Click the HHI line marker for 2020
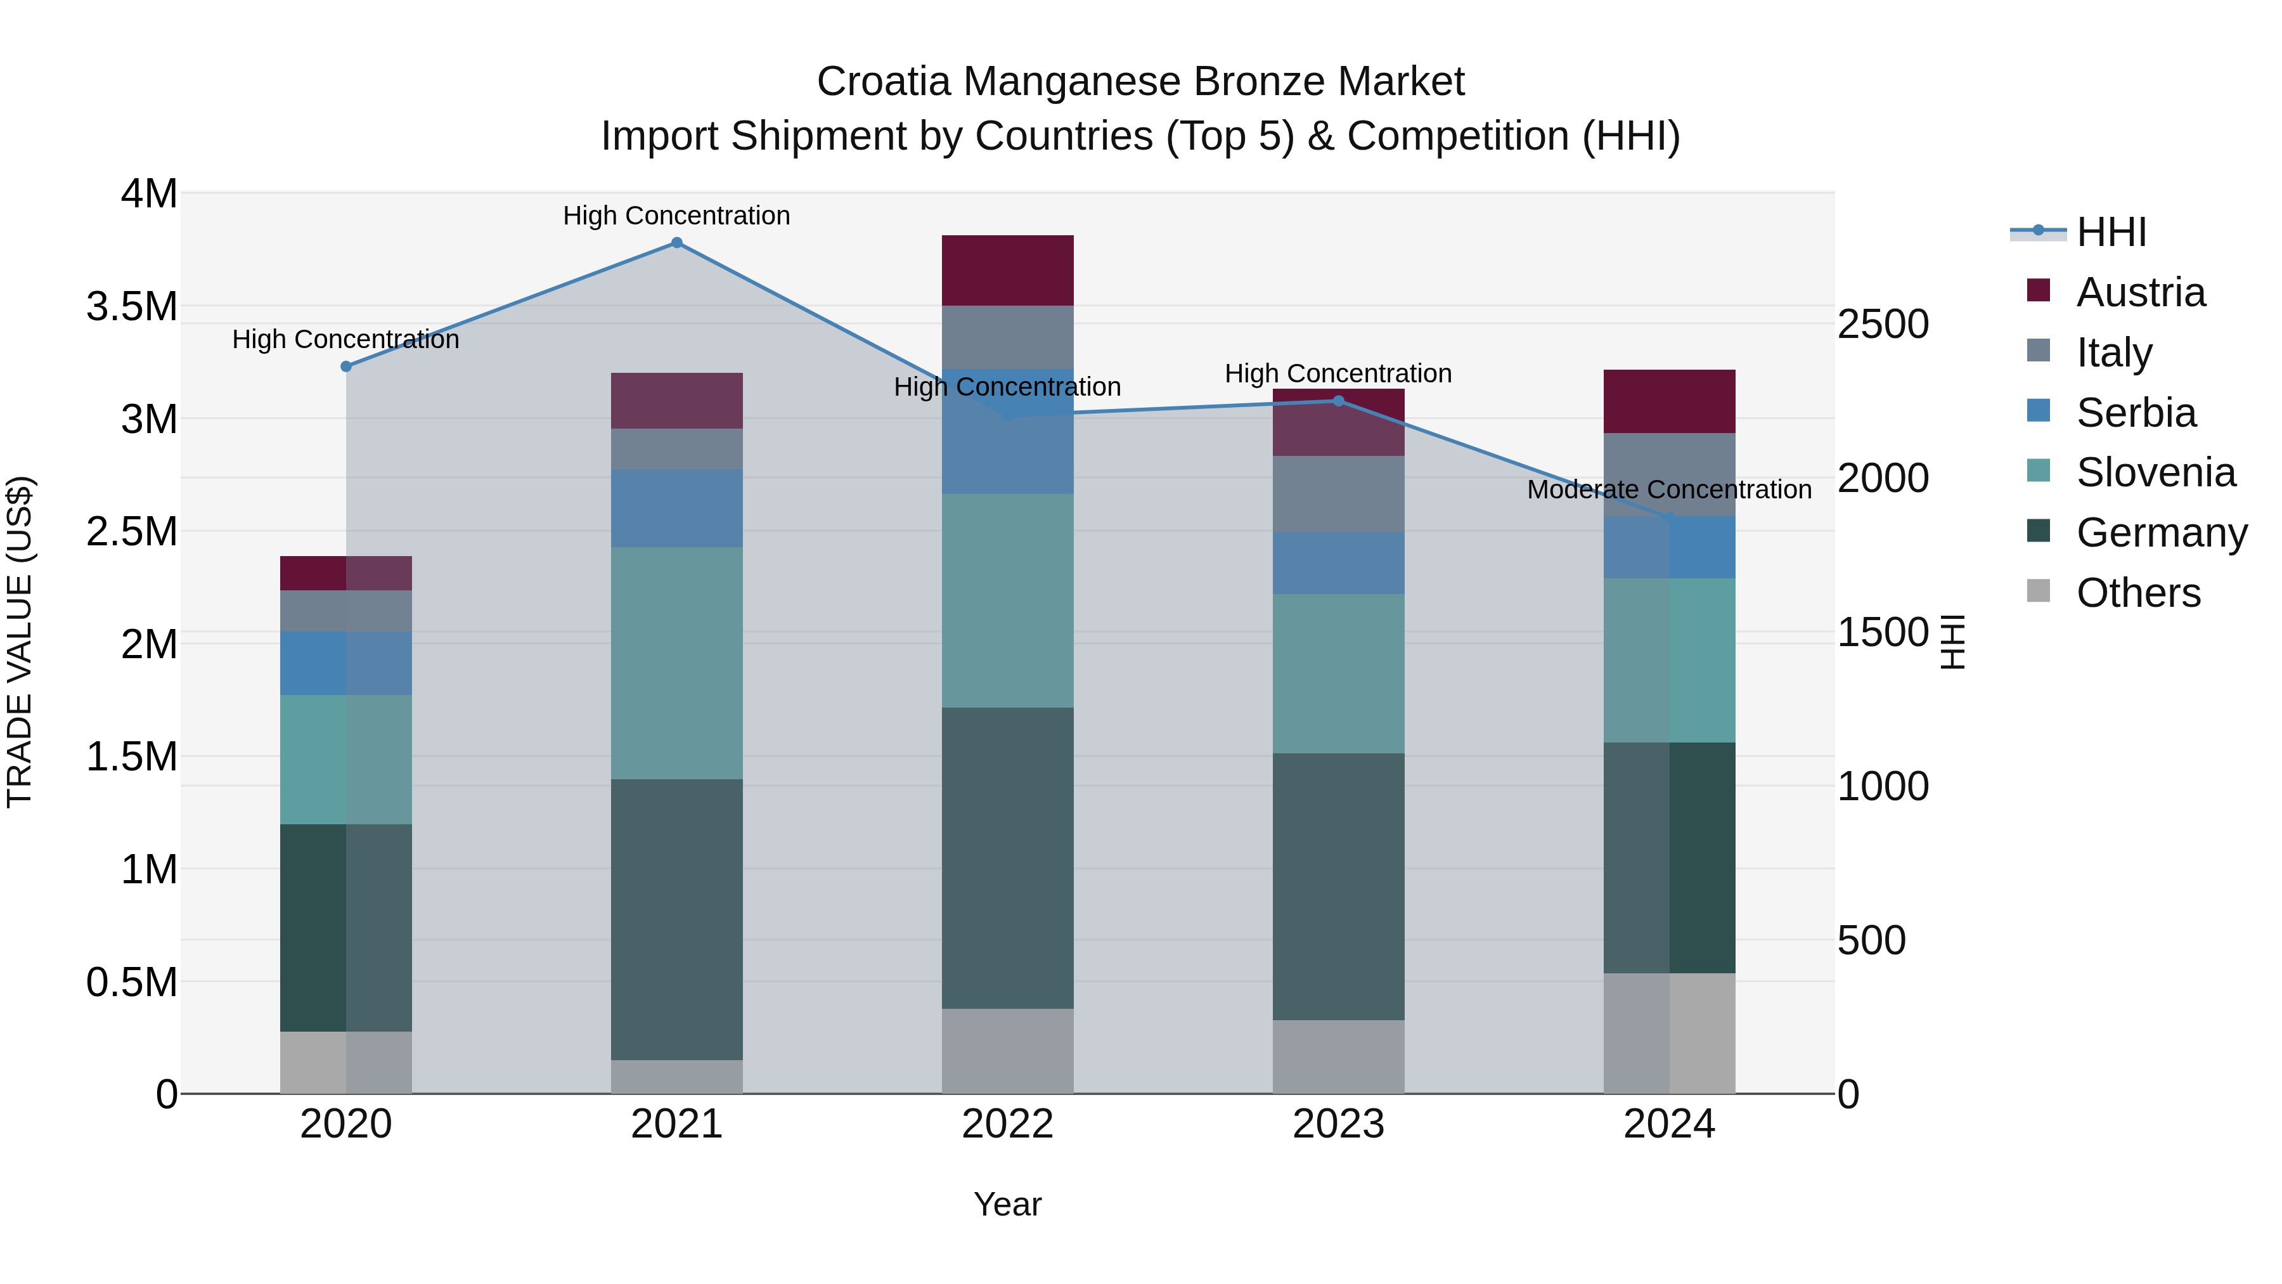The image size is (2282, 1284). [346, 366]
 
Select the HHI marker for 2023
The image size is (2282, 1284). [1339, 401]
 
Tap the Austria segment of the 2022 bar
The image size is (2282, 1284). [1007, 270]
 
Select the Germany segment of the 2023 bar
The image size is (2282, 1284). [1339, 886]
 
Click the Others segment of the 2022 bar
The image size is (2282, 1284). [1007, 1050]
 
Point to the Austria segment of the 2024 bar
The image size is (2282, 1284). [1669, 401]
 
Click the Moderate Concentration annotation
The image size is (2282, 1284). [1669, 489]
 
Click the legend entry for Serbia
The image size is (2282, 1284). [2136, 413]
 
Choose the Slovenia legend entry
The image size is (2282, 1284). [2155, 472]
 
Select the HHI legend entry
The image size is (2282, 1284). [2111, 232]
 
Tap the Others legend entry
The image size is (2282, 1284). [2137, 593]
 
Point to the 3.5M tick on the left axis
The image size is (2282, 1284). [132, 307]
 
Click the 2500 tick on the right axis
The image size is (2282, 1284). [1883, 324]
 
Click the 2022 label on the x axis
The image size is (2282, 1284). [1007, 1124]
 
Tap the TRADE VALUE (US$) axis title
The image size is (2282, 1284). [20, 642]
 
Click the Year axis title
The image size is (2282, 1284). [1007, 1204]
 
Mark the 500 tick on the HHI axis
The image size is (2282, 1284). [1871, 940]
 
